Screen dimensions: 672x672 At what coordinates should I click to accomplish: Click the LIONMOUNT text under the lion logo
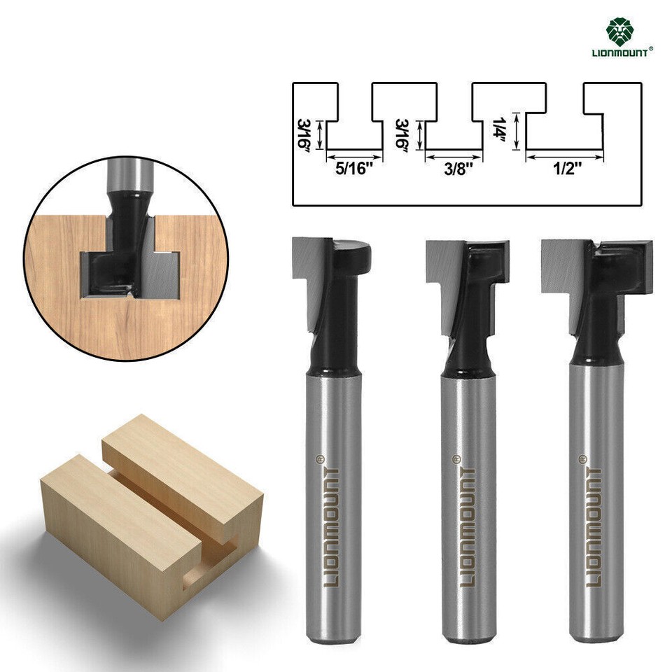point(622,50)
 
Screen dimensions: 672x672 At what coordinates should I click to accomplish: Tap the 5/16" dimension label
point(353,169)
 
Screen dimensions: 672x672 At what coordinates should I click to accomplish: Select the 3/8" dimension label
point(454,169)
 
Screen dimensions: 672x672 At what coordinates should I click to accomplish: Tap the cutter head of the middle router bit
point(465,262)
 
